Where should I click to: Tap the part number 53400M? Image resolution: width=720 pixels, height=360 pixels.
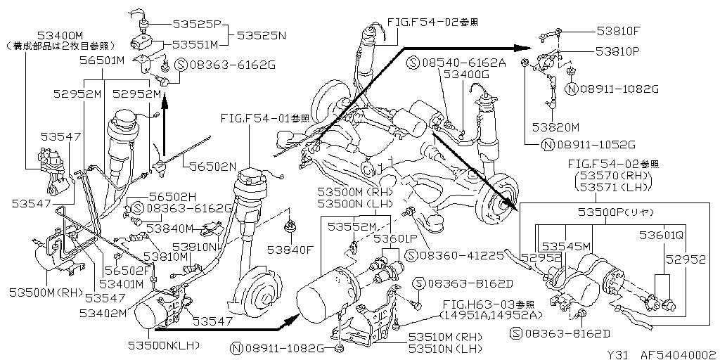point(60,34)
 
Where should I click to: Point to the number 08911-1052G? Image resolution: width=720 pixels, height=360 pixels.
point(596,146)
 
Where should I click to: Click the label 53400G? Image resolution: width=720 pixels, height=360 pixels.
point(466,73)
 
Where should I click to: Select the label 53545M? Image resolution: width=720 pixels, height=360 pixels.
point(566,245)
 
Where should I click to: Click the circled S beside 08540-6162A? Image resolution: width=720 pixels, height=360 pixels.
point(413,63)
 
